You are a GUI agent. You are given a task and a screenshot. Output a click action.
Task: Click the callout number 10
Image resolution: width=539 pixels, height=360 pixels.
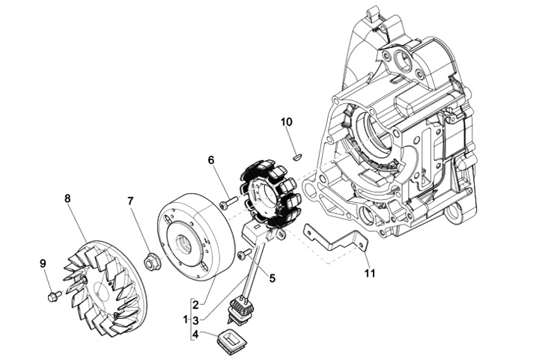(x=286, y=122)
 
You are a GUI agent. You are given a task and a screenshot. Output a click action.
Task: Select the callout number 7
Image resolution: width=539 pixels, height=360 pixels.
(x=130, y=201)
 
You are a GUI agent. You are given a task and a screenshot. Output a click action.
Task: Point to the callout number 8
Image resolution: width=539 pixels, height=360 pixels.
(x=67, y=198)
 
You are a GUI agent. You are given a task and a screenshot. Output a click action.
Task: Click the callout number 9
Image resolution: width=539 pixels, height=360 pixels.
(x=43, y=263)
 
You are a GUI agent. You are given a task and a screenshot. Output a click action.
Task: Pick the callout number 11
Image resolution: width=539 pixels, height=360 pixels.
(x=370, y=273)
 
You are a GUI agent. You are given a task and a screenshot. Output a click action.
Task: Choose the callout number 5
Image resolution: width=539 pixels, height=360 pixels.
(x=272, y=278)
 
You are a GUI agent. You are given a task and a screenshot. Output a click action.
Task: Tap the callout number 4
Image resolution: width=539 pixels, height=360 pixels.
(x=195, y=335)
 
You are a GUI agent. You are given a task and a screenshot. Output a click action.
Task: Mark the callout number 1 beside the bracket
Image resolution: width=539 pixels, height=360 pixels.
(x=186, y=320)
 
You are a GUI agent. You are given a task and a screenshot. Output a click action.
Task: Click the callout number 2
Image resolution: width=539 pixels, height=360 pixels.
(x=195, y=305)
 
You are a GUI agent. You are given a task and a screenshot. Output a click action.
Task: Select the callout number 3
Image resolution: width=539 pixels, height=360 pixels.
(x=195, y=320)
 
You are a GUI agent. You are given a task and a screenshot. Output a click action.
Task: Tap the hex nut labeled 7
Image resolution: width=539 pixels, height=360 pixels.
(x=150, y=263)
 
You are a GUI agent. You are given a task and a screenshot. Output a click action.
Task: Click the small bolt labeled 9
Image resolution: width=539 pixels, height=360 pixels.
(x=54, y=296)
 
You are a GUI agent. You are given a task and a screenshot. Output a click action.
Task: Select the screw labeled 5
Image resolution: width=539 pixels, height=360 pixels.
(x=245, y=254)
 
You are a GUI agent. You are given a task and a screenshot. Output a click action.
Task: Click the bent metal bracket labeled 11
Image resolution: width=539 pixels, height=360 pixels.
(x=335, y=242)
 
